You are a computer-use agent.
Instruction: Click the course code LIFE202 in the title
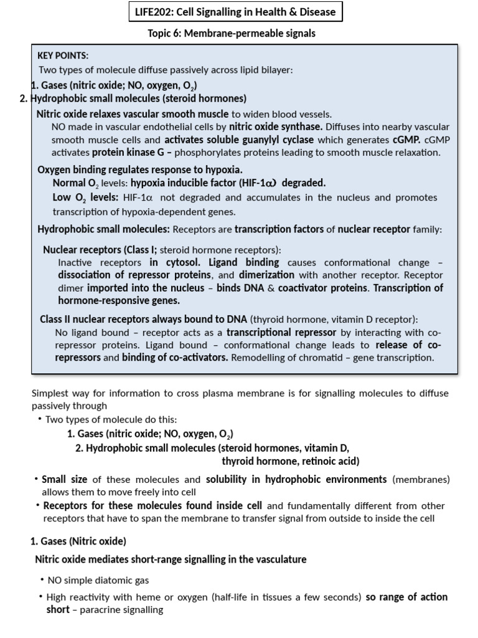155,12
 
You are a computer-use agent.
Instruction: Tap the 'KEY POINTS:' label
63,55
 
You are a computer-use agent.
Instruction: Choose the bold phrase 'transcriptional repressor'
281,332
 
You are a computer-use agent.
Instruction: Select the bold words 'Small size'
65,479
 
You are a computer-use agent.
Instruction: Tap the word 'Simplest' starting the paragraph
50,393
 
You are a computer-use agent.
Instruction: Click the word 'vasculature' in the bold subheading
281,559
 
